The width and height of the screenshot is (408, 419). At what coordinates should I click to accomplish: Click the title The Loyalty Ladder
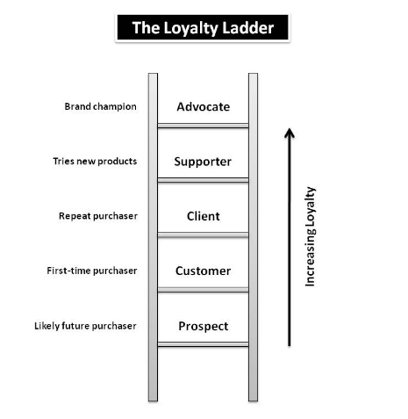(203, 27)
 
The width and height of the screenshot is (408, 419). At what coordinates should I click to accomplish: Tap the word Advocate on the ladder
(203, 107)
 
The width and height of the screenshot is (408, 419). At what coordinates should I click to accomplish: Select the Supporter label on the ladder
(203, 162)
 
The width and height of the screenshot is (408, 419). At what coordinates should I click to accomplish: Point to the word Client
(203, 216)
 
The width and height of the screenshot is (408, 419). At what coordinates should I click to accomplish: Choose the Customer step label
(203, 271)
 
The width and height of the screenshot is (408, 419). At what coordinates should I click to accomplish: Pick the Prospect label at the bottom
(203, 326)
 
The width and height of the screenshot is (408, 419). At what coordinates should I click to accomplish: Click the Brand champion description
(100, 107)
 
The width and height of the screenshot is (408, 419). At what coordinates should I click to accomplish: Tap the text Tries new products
(94, 162)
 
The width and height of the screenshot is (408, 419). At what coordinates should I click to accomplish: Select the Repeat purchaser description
(97, 216)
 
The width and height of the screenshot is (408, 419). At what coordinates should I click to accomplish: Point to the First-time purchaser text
(91, 271)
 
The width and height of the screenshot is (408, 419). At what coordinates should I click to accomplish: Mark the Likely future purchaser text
(85, 326)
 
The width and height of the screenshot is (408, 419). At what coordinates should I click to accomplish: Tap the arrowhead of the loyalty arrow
(290, 134)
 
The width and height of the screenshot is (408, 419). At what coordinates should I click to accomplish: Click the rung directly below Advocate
(203, 126)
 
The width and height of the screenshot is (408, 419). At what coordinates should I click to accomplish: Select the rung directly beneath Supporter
(203, 180)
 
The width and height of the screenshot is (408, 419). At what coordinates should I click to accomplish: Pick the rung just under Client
(203, 235)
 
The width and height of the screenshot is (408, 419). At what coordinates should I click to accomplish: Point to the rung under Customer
(203, 289)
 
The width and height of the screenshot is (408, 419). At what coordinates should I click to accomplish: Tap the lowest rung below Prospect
(203, 344)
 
